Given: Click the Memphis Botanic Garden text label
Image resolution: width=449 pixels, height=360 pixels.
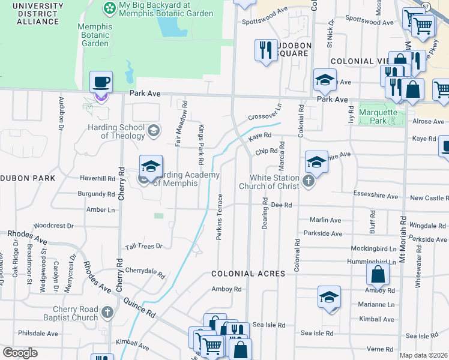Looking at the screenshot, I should [x=95, y=35].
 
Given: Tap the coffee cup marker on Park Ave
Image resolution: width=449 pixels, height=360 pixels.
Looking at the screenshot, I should [x=101, y=83].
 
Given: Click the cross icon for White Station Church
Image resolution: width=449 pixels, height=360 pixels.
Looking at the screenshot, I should [x=309, y=181].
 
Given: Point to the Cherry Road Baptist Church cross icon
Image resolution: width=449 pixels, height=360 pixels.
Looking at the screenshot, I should [x=107, y=313].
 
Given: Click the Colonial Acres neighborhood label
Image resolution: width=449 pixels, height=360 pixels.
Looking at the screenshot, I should [x=247, y=274].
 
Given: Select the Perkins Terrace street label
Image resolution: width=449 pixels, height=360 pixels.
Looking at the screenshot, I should [x=220, y=217].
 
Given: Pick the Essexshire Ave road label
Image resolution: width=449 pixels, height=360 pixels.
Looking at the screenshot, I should [x=375, y=196].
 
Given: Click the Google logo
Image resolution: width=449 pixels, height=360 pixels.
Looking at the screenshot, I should [x=20, y=353].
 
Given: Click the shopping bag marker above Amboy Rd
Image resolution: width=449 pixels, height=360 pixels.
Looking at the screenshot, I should [x=378, y=275].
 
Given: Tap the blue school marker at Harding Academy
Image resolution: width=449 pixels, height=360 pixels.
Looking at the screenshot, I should [x=151, y=167].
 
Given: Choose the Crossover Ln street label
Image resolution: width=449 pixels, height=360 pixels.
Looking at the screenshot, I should [x=265, y=113].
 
